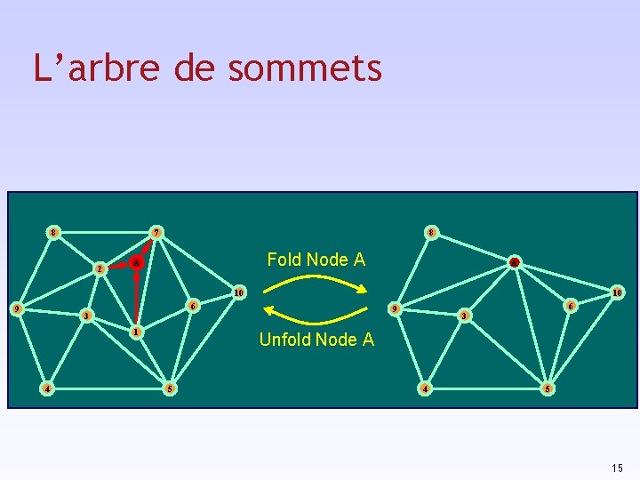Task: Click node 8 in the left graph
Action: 53,233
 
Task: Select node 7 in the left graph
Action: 156,233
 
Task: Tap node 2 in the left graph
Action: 100,268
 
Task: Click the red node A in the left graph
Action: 135,263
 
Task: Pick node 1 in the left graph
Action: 134,332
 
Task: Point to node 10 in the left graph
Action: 237,292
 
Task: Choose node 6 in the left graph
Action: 193,305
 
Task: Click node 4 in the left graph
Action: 47,388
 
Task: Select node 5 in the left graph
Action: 169,388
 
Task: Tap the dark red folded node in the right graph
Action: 514,262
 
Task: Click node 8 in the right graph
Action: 430,233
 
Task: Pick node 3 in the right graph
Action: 462,316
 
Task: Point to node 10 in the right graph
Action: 617,292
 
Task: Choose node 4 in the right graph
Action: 426,388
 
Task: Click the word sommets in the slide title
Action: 305,68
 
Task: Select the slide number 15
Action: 617,468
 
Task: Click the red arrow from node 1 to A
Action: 134,299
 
